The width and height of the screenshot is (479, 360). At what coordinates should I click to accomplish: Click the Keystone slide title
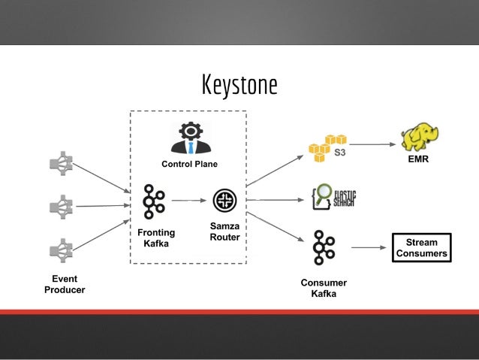pos(239,85)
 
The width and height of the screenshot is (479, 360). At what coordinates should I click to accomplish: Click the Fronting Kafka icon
pos(153,201)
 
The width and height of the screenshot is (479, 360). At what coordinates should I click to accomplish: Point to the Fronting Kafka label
pos(156,238)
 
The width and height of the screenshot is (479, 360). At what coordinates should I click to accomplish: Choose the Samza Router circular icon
pos(224,200)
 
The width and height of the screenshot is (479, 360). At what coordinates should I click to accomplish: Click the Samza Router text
pos(224,232)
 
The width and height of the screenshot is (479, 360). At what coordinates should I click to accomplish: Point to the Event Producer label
pos(64,284)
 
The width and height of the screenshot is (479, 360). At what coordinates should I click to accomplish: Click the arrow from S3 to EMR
pos(372,144)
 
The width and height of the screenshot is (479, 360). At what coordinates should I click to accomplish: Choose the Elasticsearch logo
pos(332,198)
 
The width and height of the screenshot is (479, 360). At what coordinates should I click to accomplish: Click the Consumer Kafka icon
pos(324,247)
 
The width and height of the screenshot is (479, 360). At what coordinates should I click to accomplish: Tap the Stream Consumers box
pos(421,248)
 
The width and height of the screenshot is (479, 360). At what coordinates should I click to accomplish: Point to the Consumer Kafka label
pos(324,288)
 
